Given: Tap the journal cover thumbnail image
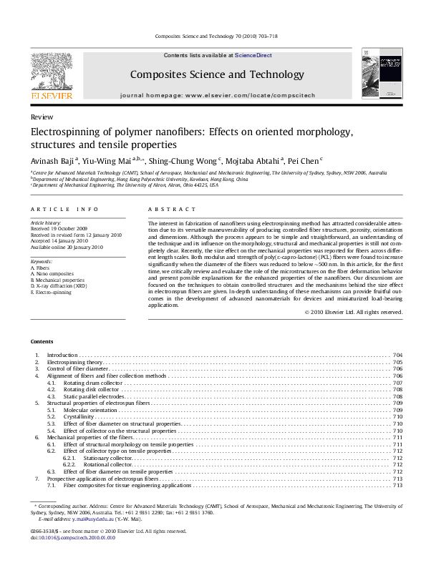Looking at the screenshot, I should pyautogui.click(x=381, y=73).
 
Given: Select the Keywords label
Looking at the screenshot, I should pyautogui.click(x=42, y=262).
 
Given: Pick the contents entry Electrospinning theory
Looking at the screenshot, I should pyautogui.click(x=74, y=363).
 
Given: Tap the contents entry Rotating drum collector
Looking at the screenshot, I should pyautogui.click(x=94, y=383).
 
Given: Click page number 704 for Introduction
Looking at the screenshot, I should pyautogui.click(x=397, y=355).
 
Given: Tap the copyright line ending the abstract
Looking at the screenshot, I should pyautogui.click(x=354, y=312).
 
